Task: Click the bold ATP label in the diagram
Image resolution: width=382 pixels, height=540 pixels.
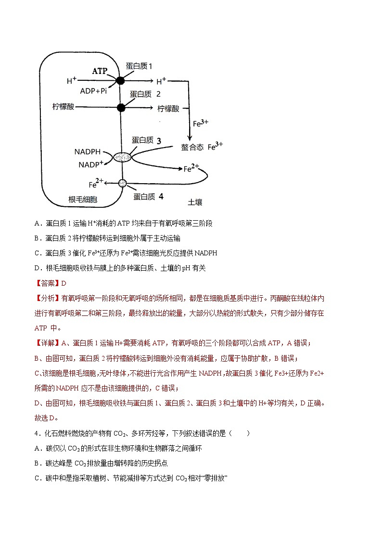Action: click(100, 71)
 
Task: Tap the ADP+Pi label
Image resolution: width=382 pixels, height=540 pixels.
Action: click(93, 90)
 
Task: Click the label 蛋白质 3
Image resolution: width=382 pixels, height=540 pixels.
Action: click(146, 140)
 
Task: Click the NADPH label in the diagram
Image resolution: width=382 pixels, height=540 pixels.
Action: click(88, 152)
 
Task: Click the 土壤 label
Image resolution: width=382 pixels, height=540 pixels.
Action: click(194, 202)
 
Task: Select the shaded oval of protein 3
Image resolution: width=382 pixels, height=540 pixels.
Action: click(122, 157)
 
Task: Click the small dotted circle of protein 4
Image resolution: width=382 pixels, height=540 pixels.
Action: click(122, 183)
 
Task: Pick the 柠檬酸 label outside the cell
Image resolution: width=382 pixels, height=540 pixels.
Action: click(168, 108)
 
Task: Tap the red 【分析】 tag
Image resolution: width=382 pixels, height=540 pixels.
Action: click(47, 299)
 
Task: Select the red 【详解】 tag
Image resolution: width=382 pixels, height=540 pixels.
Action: click(47, 343)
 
